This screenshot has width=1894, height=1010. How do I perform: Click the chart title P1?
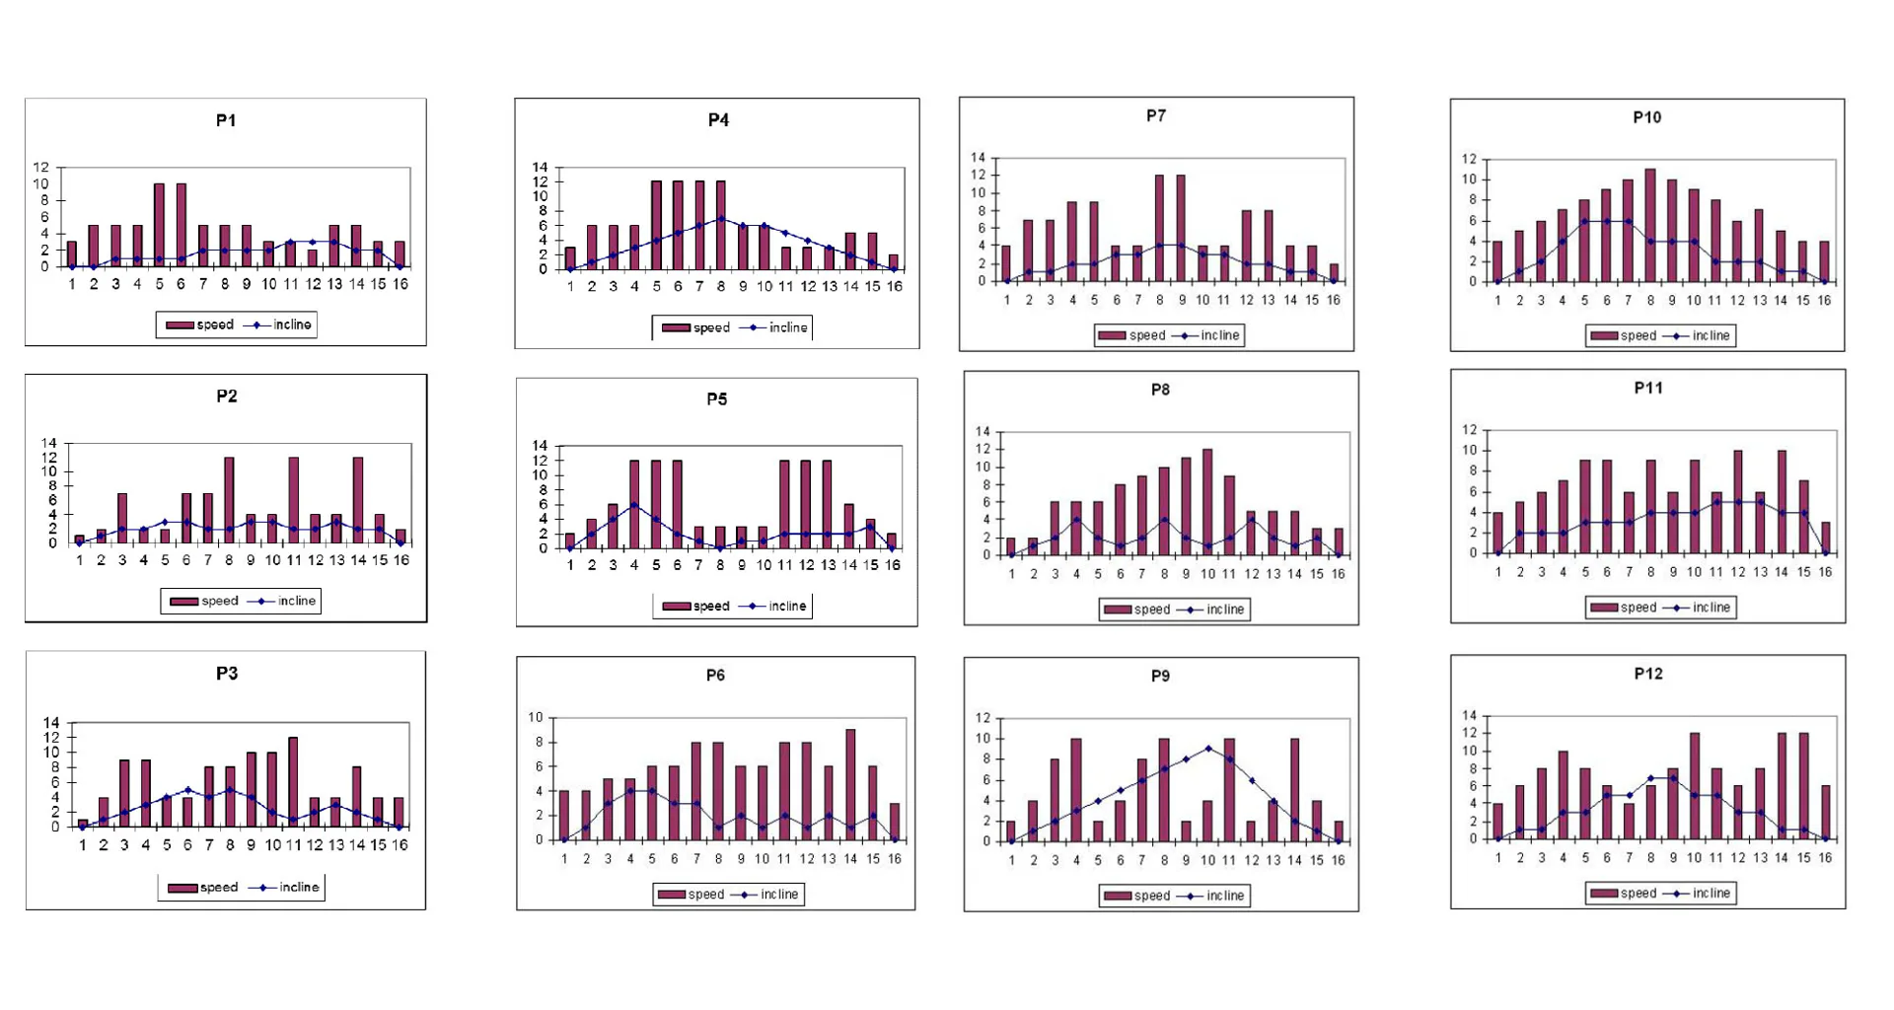pos(226,120)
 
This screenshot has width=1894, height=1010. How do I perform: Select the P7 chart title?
pos(1156,116)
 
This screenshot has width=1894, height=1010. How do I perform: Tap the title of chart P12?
pos(1648,674)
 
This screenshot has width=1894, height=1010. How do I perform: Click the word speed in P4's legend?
pos(711,327)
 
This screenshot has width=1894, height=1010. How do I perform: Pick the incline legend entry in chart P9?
pos(1224,896)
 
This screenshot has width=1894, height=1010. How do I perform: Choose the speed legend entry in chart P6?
pos(705,895)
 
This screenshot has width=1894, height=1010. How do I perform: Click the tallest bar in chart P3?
pos(293,781)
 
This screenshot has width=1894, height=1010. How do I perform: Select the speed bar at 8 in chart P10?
pos(1650,225)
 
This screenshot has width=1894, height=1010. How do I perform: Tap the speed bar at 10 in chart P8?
pos(1207,501)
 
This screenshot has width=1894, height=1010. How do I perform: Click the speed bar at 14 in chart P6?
pos(850,784)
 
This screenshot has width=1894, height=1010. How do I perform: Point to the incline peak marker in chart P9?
pos(1208,749)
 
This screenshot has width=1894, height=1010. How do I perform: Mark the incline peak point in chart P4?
pos(721,219)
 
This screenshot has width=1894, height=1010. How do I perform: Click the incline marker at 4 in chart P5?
pos(634,505)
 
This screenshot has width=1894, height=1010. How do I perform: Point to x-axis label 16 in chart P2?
pos(401,560)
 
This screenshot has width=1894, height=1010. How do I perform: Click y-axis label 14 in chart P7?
pos(978,158)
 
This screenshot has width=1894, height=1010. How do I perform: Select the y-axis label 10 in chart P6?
pos(536,717)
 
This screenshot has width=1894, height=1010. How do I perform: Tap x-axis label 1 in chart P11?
pos(1498,572)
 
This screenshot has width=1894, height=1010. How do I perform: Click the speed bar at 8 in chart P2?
pos(229,500)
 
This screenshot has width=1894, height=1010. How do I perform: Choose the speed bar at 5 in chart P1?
pos(159,225)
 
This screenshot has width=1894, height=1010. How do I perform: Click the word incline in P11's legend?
pos(1712,608)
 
